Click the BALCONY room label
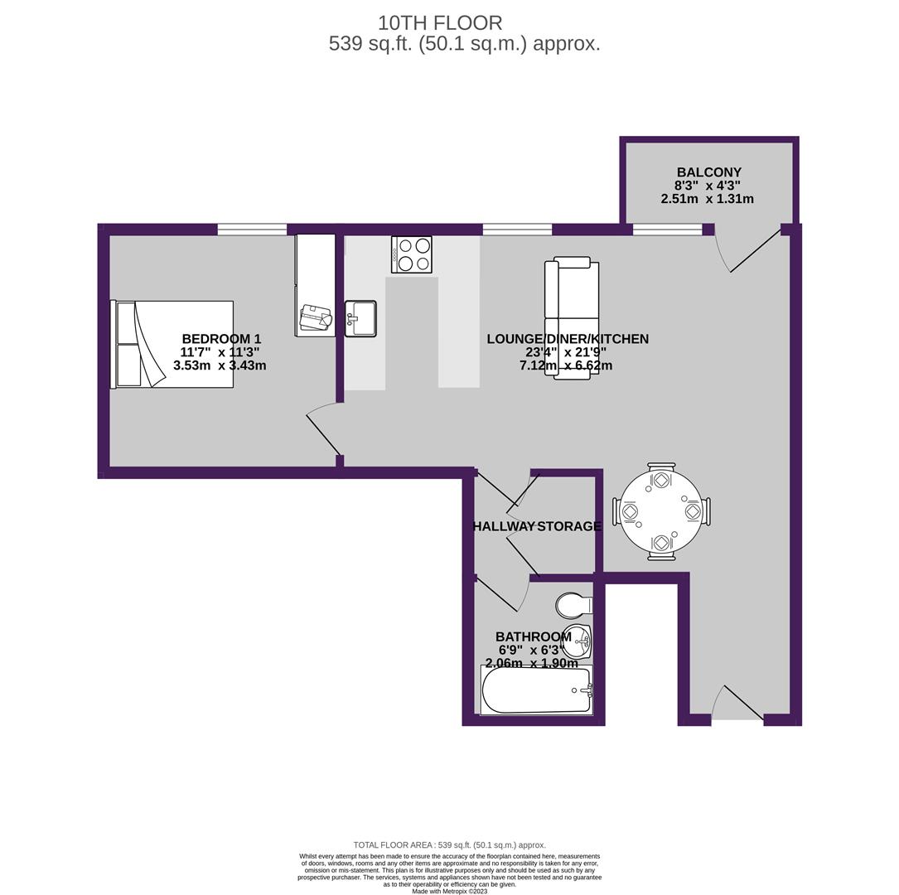point(708,172)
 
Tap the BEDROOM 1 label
point(221,339)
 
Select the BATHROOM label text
point(534,636)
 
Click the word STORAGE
point(570,526)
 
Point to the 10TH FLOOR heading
point(440,23)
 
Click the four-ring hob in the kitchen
point(412,254)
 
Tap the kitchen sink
point(360,319)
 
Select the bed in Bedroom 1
point(172,344)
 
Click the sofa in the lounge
point(572,317)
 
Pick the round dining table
point(661,511)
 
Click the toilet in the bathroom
point(574,604)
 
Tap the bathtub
point(536,689)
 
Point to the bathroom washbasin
point(578,640)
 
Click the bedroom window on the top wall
point(252,230)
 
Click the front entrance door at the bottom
point(737,703)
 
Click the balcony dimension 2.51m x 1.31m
point(707,199)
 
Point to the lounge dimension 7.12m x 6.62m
point(566,365)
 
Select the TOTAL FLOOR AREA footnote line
point(449,844)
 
